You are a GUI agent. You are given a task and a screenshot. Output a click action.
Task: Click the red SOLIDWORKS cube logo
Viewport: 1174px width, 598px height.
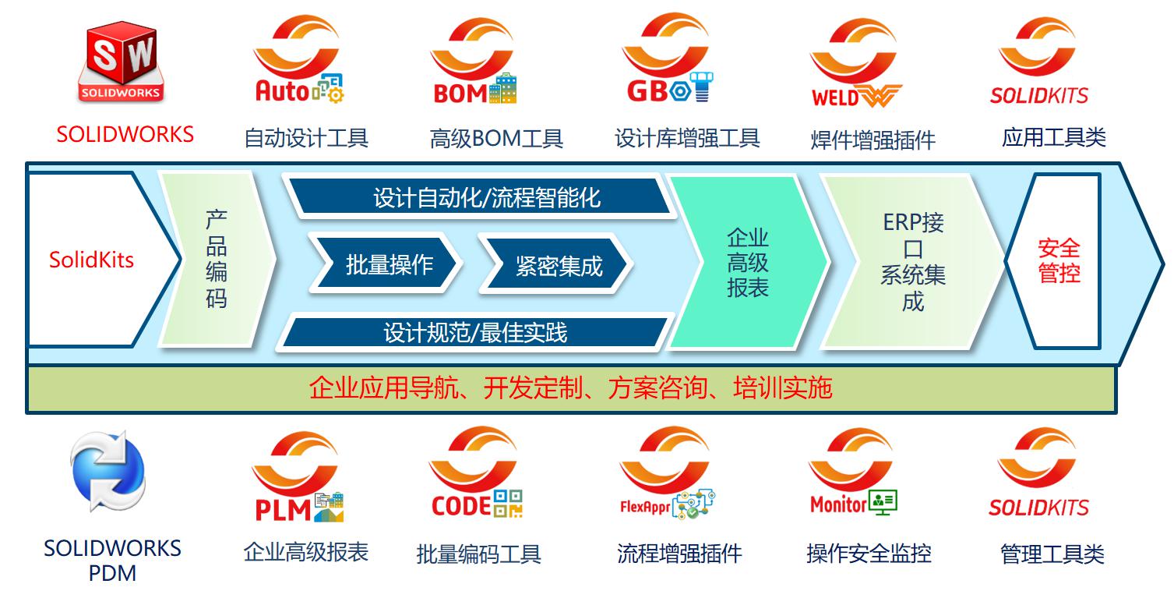[x=121, y=62]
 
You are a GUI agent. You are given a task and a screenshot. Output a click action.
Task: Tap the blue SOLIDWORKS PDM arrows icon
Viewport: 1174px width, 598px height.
[x=108, y=472]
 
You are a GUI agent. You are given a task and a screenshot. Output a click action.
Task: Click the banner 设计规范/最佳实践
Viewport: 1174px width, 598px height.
[x=475, y=333]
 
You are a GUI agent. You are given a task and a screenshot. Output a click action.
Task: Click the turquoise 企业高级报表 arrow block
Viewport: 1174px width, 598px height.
[x=747, y=263]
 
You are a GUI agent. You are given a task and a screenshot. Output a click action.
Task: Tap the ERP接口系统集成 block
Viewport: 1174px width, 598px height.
[x=912, y=262]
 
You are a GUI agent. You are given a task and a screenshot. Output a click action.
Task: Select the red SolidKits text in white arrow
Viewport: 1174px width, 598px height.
[x=91, y=260]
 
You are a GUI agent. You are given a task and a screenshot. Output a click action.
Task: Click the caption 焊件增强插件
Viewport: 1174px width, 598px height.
[x=873, y=140]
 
